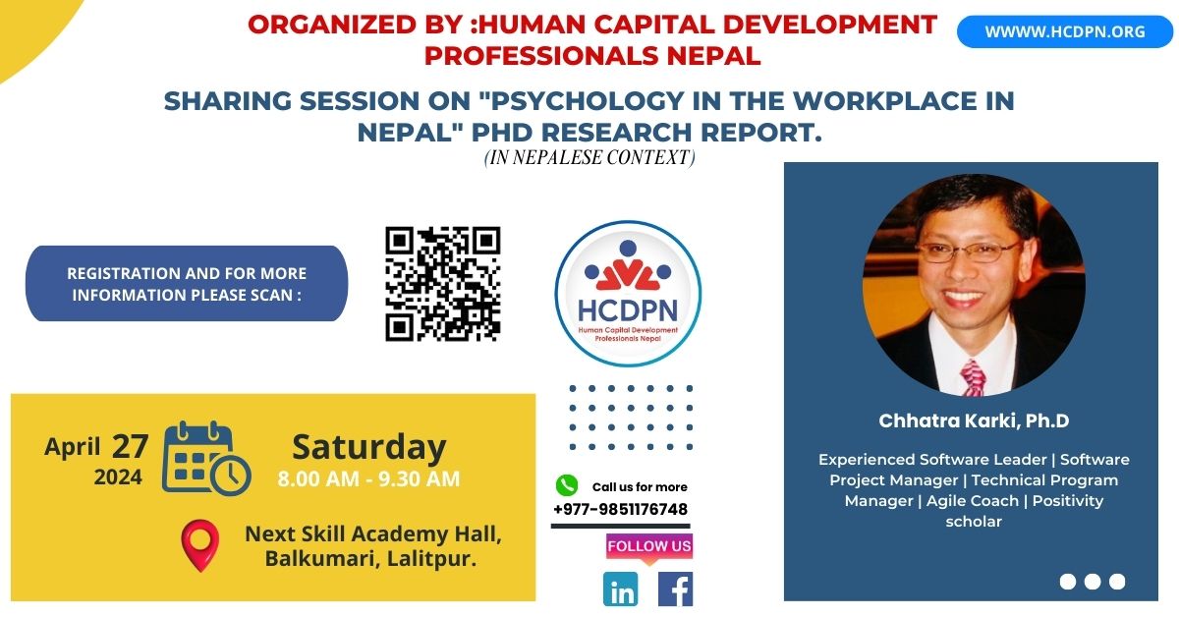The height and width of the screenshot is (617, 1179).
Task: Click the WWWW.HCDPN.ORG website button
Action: pos(1065,31)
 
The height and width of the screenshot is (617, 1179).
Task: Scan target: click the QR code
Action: pos(443,284)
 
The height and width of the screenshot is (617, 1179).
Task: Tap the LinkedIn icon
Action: pos(621,589)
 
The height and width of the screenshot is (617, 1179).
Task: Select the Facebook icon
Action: pos(675,589)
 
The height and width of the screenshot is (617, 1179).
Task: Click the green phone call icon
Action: pos(567,485)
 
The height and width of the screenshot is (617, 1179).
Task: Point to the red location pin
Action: pos(200,545)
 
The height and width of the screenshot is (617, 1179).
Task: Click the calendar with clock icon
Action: pos(206,457)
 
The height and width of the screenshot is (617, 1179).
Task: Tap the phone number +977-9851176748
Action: pos(621,510)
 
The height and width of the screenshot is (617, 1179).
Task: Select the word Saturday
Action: pos(369,448)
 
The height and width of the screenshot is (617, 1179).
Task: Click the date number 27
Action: pos(130,446)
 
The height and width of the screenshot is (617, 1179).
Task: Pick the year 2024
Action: pos(118,477)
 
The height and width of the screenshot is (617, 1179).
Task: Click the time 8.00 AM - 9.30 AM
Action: pos(368,479)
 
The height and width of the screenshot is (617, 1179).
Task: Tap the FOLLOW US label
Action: pos(649,546)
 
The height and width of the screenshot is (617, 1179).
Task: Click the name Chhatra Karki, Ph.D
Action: pos(974,421)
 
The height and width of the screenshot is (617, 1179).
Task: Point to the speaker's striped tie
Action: pos(973,377)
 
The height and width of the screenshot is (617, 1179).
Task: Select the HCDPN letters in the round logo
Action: pos(628,310)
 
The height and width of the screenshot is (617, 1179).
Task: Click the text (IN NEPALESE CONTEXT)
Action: pos(589,157)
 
